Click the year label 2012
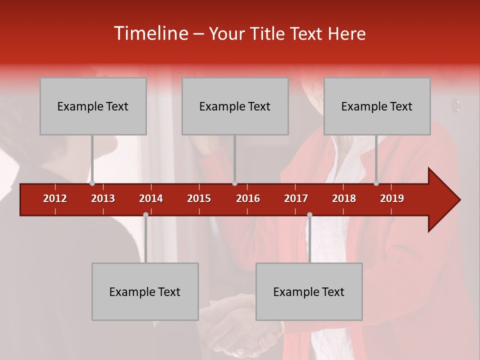55,198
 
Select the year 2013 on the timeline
103,198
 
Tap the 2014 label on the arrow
151,198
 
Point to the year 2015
199,198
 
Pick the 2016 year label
248,198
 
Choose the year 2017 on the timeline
296,198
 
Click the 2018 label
344,198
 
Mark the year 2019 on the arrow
392,198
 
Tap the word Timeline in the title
150,33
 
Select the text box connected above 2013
93,106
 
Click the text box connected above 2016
235,106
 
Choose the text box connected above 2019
377,106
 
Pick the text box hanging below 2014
145,291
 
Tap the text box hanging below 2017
309,291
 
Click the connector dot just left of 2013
92,183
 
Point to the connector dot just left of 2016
234,183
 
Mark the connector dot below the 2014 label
145,214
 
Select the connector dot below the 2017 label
309,214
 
